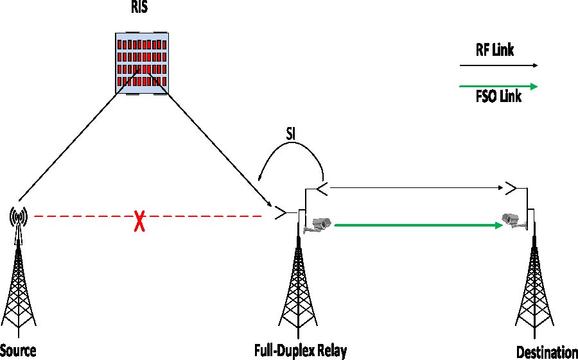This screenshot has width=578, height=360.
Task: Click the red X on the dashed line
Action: tap(138, 222)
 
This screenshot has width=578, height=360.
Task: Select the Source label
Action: tap(18, 350)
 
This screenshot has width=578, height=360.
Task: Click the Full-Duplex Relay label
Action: tap(300, 350)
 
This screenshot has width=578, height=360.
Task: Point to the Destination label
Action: tap(547, 352)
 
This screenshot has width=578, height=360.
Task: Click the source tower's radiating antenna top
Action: tap(18, 218)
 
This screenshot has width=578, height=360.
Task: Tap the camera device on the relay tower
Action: tap(319, 225)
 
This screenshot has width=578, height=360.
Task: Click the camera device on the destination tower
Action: tap(514, 220)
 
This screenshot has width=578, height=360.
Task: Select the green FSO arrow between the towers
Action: tap(417, 225)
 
